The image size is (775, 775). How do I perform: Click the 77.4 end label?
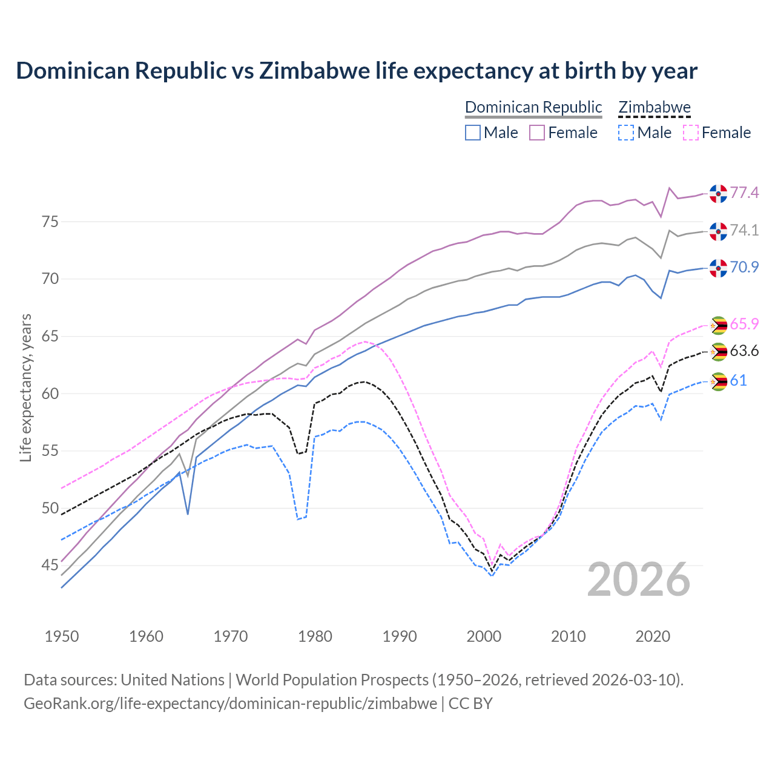744,193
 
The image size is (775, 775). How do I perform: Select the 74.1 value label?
744,230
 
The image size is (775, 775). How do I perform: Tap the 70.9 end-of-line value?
744,267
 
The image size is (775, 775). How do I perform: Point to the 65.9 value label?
744,324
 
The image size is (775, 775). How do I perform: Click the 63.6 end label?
744,351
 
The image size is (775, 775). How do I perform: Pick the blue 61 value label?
738,380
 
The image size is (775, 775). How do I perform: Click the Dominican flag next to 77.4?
718,193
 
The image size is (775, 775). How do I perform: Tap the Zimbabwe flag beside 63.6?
718,351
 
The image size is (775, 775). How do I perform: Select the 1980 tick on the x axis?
315,636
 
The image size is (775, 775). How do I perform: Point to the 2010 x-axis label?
569,636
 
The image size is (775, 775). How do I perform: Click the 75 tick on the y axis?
50,222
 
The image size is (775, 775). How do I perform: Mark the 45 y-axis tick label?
50,566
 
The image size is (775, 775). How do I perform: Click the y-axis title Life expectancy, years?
25,387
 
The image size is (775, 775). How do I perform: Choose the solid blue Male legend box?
473,133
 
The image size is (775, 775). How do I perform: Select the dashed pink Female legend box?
691,133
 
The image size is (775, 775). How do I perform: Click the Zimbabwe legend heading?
655,107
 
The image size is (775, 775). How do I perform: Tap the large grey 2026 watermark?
639,579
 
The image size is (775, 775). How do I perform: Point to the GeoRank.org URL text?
230,704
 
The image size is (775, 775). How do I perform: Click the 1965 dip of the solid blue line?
188,514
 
